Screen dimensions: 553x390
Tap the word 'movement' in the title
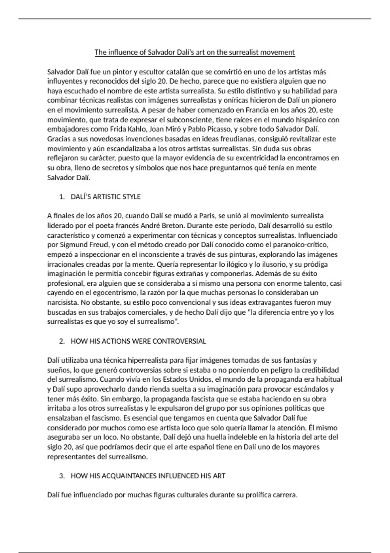[x=279, y=52]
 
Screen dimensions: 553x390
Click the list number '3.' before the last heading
[x=62, y=476]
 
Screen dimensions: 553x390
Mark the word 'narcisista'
[x=63, y=303]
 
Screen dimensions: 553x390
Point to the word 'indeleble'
[x=247, y=437]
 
